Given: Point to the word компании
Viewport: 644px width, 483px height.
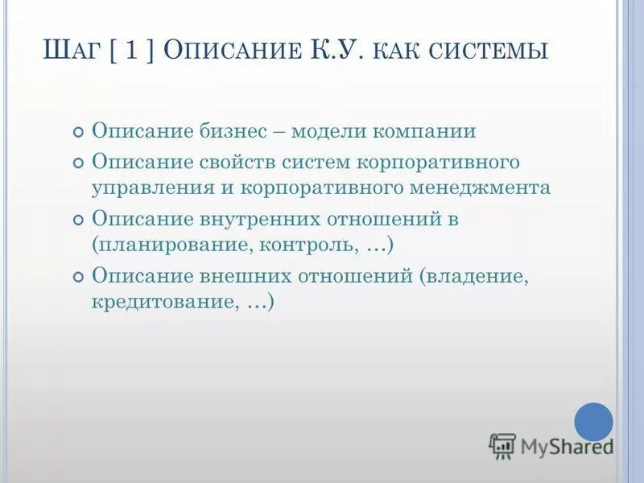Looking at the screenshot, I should (x=431, y=131).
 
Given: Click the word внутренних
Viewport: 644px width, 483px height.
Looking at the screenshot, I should (x=252, y=218).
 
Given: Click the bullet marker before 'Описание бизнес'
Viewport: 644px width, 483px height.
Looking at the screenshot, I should (x=78, y=133).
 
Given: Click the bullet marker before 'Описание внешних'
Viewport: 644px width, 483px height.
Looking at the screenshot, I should (x=78, y=277).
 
